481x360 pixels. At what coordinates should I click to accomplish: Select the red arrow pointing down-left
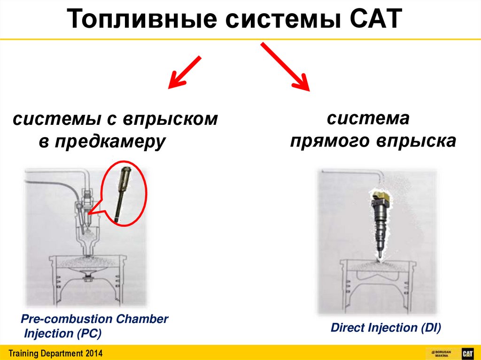pos(185,72)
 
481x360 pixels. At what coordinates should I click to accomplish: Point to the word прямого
pos(330,141)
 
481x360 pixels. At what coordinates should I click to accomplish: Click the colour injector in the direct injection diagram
pos(381,221)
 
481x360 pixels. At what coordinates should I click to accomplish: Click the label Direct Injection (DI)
pos(386,328)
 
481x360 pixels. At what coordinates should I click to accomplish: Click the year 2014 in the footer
pos(93,353)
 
